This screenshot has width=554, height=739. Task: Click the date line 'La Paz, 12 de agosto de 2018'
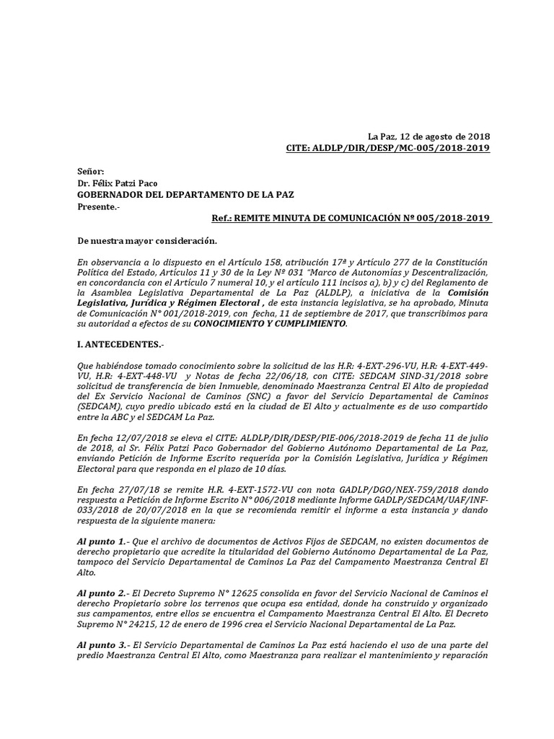coord(428,136)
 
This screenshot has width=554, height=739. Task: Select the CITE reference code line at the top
coord(388,149)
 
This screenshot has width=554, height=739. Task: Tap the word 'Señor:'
coord(91,172)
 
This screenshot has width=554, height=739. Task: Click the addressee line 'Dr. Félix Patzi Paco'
coord(118,183)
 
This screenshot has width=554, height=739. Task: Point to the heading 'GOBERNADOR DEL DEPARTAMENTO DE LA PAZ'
coord(185,195)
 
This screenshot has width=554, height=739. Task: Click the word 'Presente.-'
coord(99,207)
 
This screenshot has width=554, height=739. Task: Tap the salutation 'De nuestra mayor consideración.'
coord(146,240)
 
